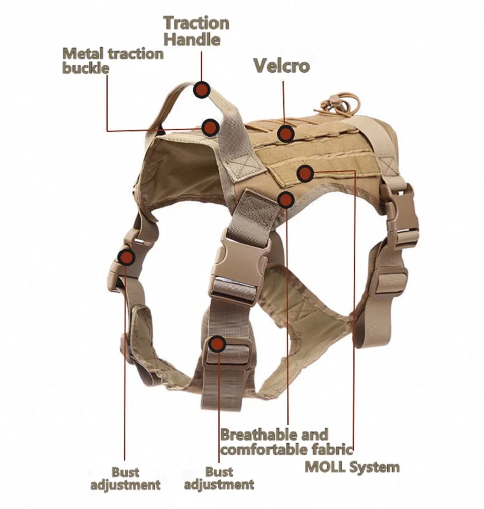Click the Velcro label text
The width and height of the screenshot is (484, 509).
[x=281, y=65]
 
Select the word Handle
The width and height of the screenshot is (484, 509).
[x=192, y=41]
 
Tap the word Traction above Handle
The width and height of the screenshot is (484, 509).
[x=197, y=24]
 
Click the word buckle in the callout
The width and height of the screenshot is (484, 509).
[x=85, y=68]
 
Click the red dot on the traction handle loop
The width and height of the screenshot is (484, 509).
[x=201, y=90]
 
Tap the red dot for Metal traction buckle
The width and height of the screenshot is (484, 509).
[x=210, y=127]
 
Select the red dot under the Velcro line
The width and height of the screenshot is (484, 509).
[x=286, y=133]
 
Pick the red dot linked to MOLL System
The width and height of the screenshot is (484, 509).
[x=306, y=174]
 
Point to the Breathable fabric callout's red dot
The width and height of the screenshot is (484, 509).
[x=286, y=199]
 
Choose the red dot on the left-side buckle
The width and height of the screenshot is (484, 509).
[x=126, y=257]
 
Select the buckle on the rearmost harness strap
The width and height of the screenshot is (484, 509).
[x=401, y=218]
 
